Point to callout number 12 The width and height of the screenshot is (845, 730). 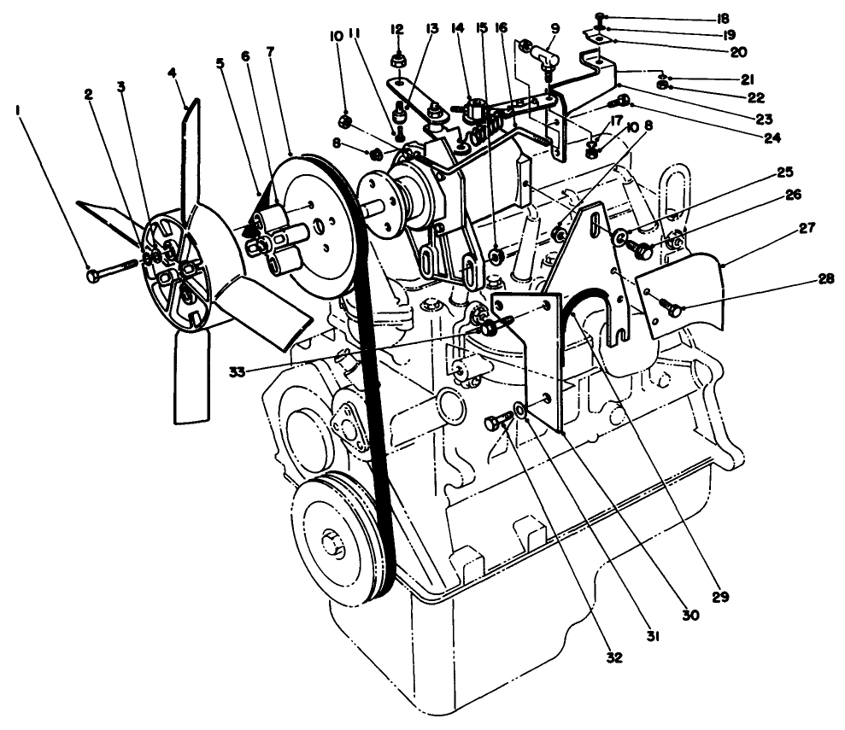click(x=396, y=30)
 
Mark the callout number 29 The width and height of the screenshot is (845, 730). click(x=721, y=597)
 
